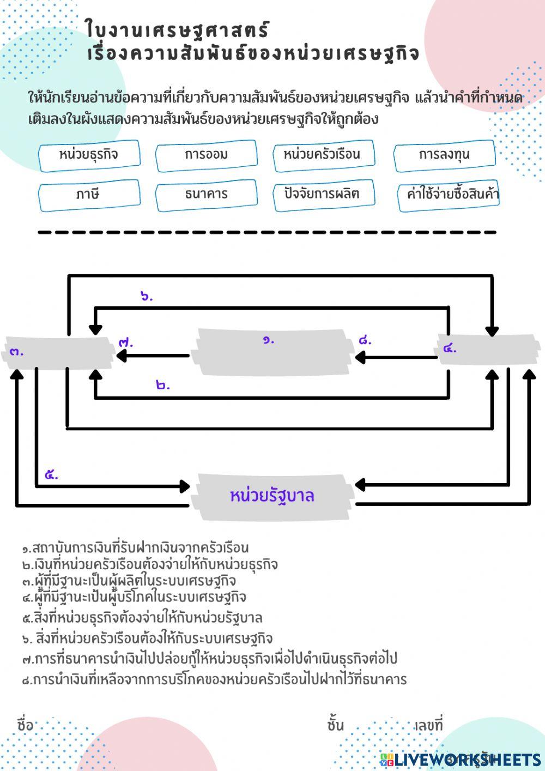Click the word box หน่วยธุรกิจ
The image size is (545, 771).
[89, 155]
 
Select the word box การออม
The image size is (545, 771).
[206, 155]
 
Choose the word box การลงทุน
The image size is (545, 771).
[444, 155]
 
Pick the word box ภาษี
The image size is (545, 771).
[89, 195]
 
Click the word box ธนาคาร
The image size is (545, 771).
[206, 195]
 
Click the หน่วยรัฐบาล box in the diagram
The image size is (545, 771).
[272, 496]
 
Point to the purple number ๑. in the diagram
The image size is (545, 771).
[269, 340]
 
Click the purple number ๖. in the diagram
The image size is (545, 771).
[147, 297]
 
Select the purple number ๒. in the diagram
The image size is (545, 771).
[163, 385]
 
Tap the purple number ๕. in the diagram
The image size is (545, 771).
[51, 475]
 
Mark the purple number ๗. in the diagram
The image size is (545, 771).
[126, 343]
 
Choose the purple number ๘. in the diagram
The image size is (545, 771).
[365, 341]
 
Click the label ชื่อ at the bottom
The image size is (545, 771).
[25, 725]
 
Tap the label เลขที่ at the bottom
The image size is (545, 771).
[428, 725]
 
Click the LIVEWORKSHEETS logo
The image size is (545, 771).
[460, 760]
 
